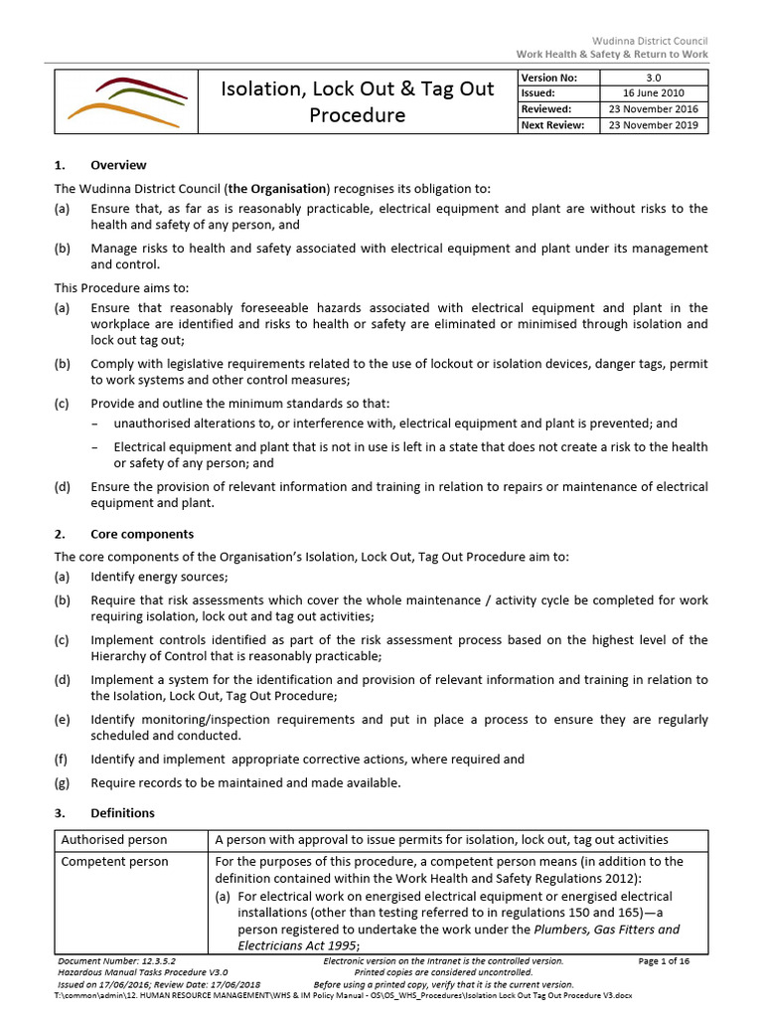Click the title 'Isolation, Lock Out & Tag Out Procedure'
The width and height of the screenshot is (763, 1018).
357,101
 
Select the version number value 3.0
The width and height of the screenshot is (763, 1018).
653,78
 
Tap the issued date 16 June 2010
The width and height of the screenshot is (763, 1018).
653,93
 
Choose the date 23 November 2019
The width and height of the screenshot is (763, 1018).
653,125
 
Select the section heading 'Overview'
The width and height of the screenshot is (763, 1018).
118,165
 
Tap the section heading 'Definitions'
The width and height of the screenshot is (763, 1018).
122,812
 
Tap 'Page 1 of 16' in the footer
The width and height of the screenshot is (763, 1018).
664,961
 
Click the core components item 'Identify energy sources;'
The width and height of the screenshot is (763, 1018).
159,577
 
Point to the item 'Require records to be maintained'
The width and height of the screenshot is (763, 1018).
245,782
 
